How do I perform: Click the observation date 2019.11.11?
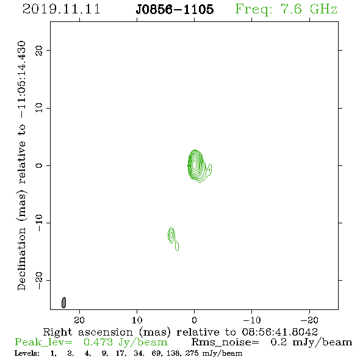(61, 9)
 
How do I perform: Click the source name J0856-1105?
(175, 9)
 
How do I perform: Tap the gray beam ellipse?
(64, 303)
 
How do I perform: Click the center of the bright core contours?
(195, 164)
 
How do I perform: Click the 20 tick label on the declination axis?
(39, 51)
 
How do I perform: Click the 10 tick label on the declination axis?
(39, 107)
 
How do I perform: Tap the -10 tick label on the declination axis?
(39, 223)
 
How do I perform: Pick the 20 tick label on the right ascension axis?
(79, 320)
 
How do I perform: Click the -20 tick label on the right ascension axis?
(309, 320)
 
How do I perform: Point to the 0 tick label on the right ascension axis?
(194, 320)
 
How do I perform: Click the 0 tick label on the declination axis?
(39, 165)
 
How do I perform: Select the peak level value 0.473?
(98, 342)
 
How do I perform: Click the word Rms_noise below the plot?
(225, 342)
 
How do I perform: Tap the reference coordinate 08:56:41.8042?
(280, 332)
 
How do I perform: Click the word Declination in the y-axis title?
(21, 259)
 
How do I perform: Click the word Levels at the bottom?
(27, 353)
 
